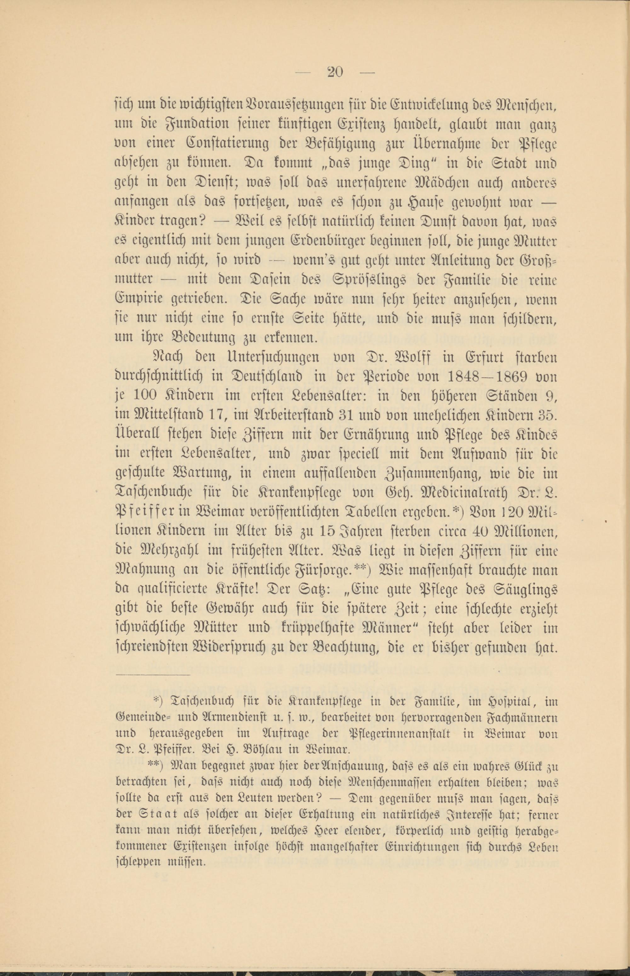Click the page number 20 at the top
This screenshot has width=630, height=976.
click(x=335, y=72)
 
